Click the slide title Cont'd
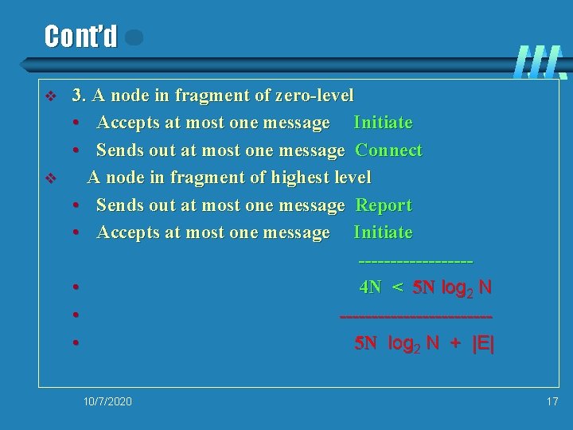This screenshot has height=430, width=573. click(80, 37)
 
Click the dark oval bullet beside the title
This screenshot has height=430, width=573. click(134, 37)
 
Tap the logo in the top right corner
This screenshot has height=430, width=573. click(541, 62)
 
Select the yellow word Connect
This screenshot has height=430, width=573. click(388, 150)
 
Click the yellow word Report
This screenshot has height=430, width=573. click(384, 205)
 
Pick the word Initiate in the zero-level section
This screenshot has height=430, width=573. click(383, 123)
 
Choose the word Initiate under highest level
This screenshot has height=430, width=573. click(383, 233)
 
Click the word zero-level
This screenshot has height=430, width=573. click(314, 96)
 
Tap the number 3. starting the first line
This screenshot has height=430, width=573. click(79, 96)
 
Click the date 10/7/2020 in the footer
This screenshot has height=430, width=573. click(107, 401)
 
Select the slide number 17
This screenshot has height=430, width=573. click(552, 401)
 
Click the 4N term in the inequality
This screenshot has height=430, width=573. click(370, 287)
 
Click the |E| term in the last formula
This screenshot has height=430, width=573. click(483, 343)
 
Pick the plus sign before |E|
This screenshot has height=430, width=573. click(455, 343)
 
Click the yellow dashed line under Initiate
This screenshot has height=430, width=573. click(415, 260)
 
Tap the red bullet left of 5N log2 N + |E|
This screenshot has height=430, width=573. click(73, 343)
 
